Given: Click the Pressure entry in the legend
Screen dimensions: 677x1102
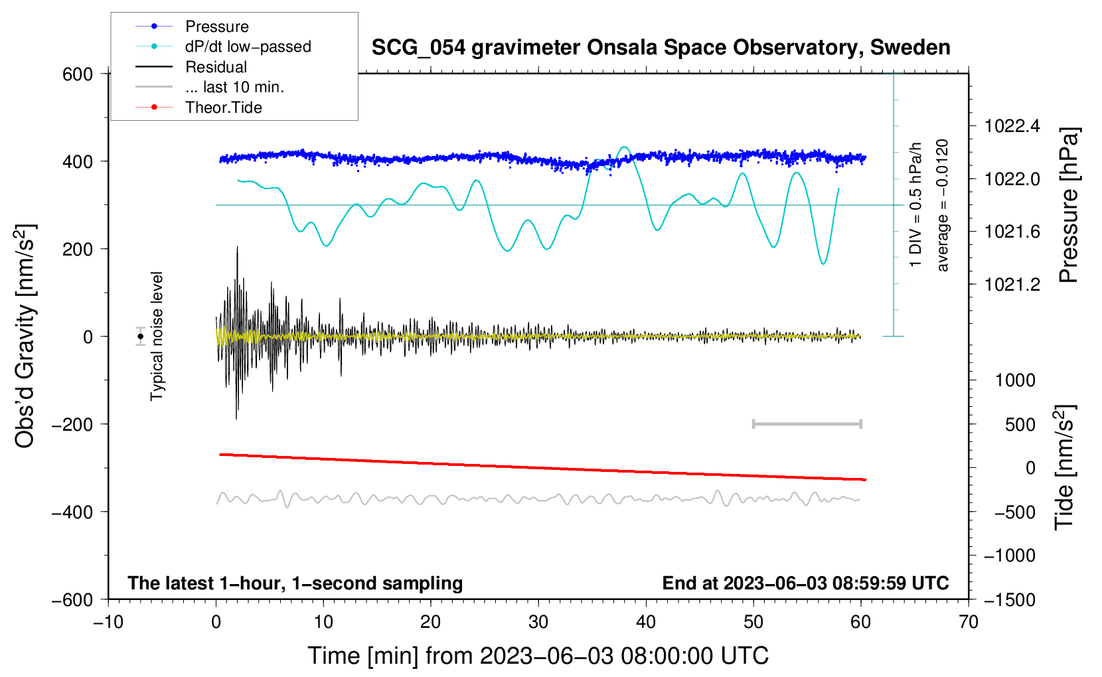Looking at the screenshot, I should click(x=216, y=27).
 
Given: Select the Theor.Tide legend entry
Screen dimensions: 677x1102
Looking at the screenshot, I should click(x=223, y=108).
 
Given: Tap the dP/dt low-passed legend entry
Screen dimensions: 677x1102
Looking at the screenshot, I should click(x=248, y=46).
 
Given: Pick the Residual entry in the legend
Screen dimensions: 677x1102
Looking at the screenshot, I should click(x=216, y=67).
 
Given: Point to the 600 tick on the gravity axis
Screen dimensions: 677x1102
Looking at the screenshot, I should click(x=78, y=74).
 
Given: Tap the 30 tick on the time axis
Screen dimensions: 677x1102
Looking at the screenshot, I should click(x=538, y=622).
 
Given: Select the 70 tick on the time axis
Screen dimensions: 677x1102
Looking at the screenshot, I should click(x=969, y=622).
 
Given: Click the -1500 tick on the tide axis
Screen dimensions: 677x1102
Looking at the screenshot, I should click(x=1009, y=599).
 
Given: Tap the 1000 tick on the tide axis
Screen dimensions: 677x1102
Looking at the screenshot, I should click(x=1015, y=380).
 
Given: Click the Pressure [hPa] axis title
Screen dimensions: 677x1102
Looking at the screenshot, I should click(x=1068, y=205).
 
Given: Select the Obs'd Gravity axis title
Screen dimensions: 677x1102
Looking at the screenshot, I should click(x=25, y=337).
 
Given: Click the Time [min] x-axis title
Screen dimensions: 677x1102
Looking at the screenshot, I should click(x=538, y=656).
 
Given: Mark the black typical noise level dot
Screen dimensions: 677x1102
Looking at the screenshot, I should click(x=141, y=337).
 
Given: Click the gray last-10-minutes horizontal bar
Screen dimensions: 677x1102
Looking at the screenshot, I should click(x=807, y=423).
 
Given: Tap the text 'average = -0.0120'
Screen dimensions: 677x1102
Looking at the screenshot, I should click(x=943, y=205).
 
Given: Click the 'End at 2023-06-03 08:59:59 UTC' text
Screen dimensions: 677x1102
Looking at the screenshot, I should click(x=805, y=583).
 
